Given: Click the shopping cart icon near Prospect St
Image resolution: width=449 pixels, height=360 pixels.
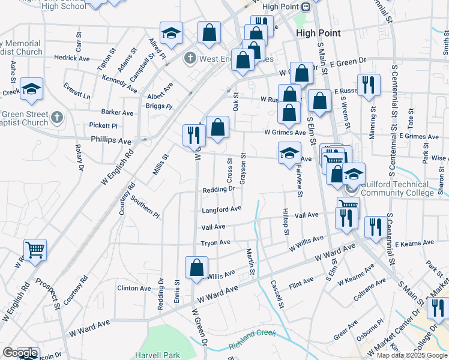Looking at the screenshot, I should [35, 250].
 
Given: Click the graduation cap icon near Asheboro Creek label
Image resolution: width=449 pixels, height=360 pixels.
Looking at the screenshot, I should [31, 89].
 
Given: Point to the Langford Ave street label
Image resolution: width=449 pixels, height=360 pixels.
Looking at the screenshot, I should [221, 209].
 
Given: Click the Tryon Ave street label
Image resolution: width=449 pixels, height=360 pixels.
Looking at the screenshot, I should [215, 242].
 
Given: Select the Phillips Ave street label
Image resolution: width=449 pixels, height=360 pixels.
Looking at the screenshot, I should [111, 141].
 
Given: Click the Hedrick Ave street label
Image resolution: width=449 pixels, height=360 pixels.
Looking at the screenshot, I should [71, 58].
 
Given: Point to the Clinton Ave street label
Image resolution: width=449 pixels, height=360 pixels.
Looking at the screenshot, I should [134, 289].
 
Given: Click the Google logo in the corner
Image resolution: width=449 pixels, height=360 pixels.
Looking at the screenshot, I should [20, 353].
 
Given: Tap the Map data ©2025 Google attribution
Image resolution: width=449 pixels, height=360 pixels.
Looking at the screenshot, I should [412, 355].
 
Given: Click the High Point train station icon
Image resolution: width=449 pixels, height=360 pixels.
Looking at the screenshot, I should [306, 7].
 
